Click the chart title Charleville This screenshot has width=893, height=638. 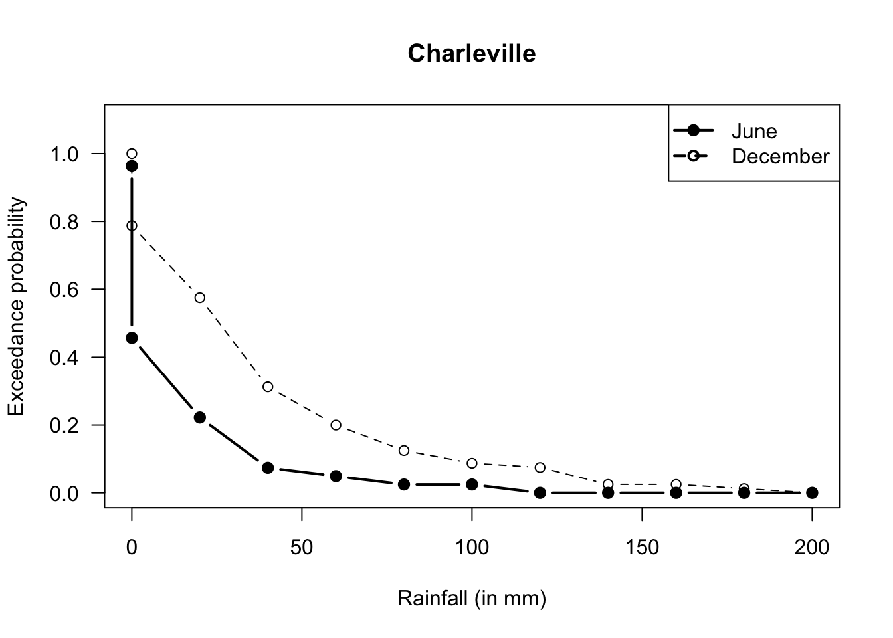coord(471,53)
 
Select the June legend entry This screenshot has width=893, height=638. coord(753,131)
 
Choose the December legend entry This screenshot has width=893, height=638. coord(780,157)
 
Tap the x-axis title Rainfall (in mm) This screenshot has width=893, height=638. coord(471,599)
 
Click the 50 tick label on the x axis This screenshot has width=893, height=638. coord(302,547)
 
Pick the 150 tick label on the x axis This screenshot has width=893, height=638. coord(642,547)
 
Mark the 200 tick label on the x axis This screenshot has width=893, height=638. coord(812,547)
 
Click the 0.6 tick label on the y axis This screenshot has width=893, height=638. coord(64,290)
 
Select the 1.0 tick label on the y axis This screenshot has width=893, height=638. coord(64,154)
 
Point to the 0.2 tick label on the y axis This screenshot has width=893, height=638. coord(64,425)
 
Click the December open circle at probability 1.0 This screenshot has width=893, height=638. coord(132,154)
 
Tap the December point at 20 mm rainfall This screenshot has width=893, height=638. coord(200,297)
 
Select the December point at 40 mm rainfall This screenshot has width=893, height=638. coord(268,387)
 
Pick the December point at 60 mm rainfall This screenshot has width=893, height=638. coord(336,425)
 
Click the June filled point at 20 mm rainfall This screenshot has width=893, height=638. coord(200,417)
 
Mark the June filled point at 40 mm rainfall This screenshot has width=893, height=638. coord(268,468)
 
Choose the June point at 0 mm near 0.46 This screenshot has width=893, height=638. coord(132,338)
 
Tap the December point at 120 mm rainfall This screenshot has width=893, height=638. coord(540,467)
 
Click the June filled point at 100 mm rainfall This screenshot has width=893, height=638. coord(472,484)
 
